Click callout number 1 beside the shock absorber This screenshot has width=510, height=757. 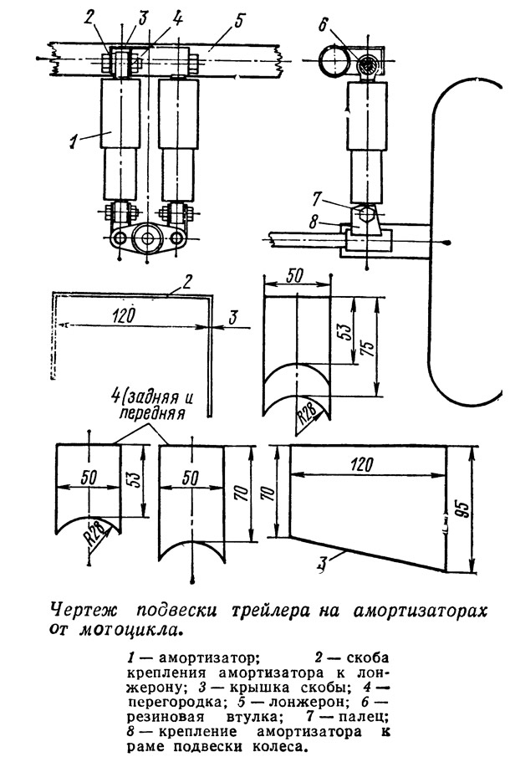[73, 142]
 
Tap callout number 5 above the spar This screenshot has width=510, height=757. [240, 22]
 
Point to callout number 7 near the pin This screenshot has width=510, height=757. [316, 198]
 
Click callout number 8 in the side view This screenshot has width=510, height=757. [314, 222]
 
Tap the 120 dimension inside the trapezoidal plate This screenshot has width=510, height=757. [362, 465]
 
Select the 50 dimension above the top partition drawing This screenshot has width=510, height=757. [295, 276]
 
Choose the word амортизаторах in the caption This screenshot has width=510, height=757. [419, 611]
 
